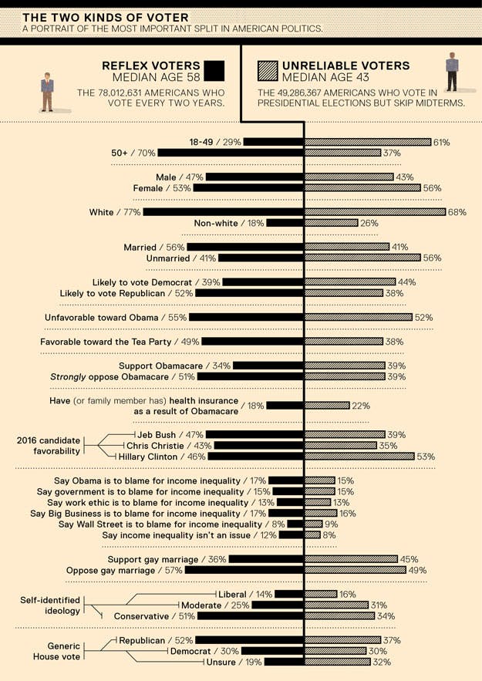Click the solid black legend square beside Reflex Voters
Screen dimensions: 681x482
(x=214, y=72)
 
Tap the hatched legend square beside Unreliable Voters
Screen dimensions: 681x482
(x=268, y=72)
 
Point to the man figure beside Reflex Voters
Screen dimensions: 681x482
(x=48, y=92)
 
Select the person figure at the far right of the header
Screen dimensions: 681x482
(x=452, y=72)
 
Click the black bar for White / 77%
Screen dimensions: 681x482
(x=223, y=212)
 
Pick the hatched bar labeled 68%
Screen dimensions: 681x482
(x=375, y=212)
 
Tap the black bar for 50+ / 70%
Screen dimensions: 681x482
(x=231, y=153)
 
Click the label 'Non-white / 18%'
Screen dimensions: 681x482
(x=229, y=223)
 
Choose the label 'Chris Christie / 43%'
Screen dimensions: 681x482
(x=169, y=446)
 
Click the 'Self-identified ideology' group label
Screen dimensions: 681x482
(x=50, y=605)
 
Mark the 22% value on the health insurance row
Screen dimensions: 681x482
(x=362, y=406)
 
